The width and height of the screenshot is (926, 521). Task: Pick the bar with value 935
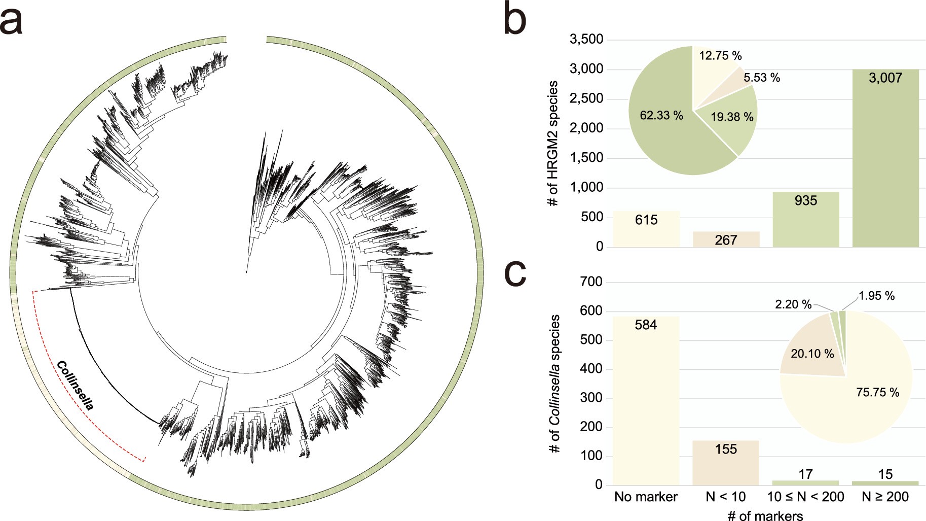805,221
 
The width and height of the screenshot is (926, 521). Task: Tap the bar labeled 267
726,240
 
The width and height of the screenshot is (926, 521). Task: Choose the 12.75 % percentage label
720,56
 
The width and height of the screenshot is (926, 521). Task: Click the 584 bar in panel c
646,401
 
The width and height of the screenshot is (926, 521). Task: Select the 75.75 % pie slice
862,401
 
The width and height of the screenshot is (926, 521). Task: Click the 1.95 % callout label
876,296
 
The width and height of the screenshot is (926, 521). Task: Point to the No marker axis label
646,497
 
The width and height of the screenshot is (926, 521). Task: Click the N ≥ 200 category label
885,497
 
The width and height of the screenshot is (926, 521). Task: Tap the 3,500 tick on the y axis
586,39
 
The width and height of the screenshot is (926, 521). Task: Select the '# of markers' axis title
765,515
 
